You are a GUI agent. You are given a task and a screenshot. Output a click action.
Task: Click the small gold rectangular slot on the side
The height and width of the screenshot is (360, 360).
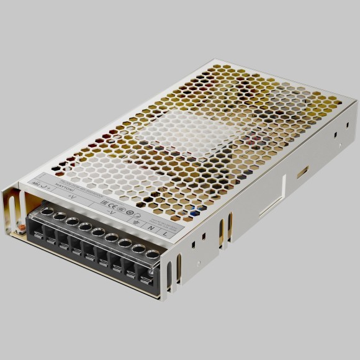click(x=302, y=171)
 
